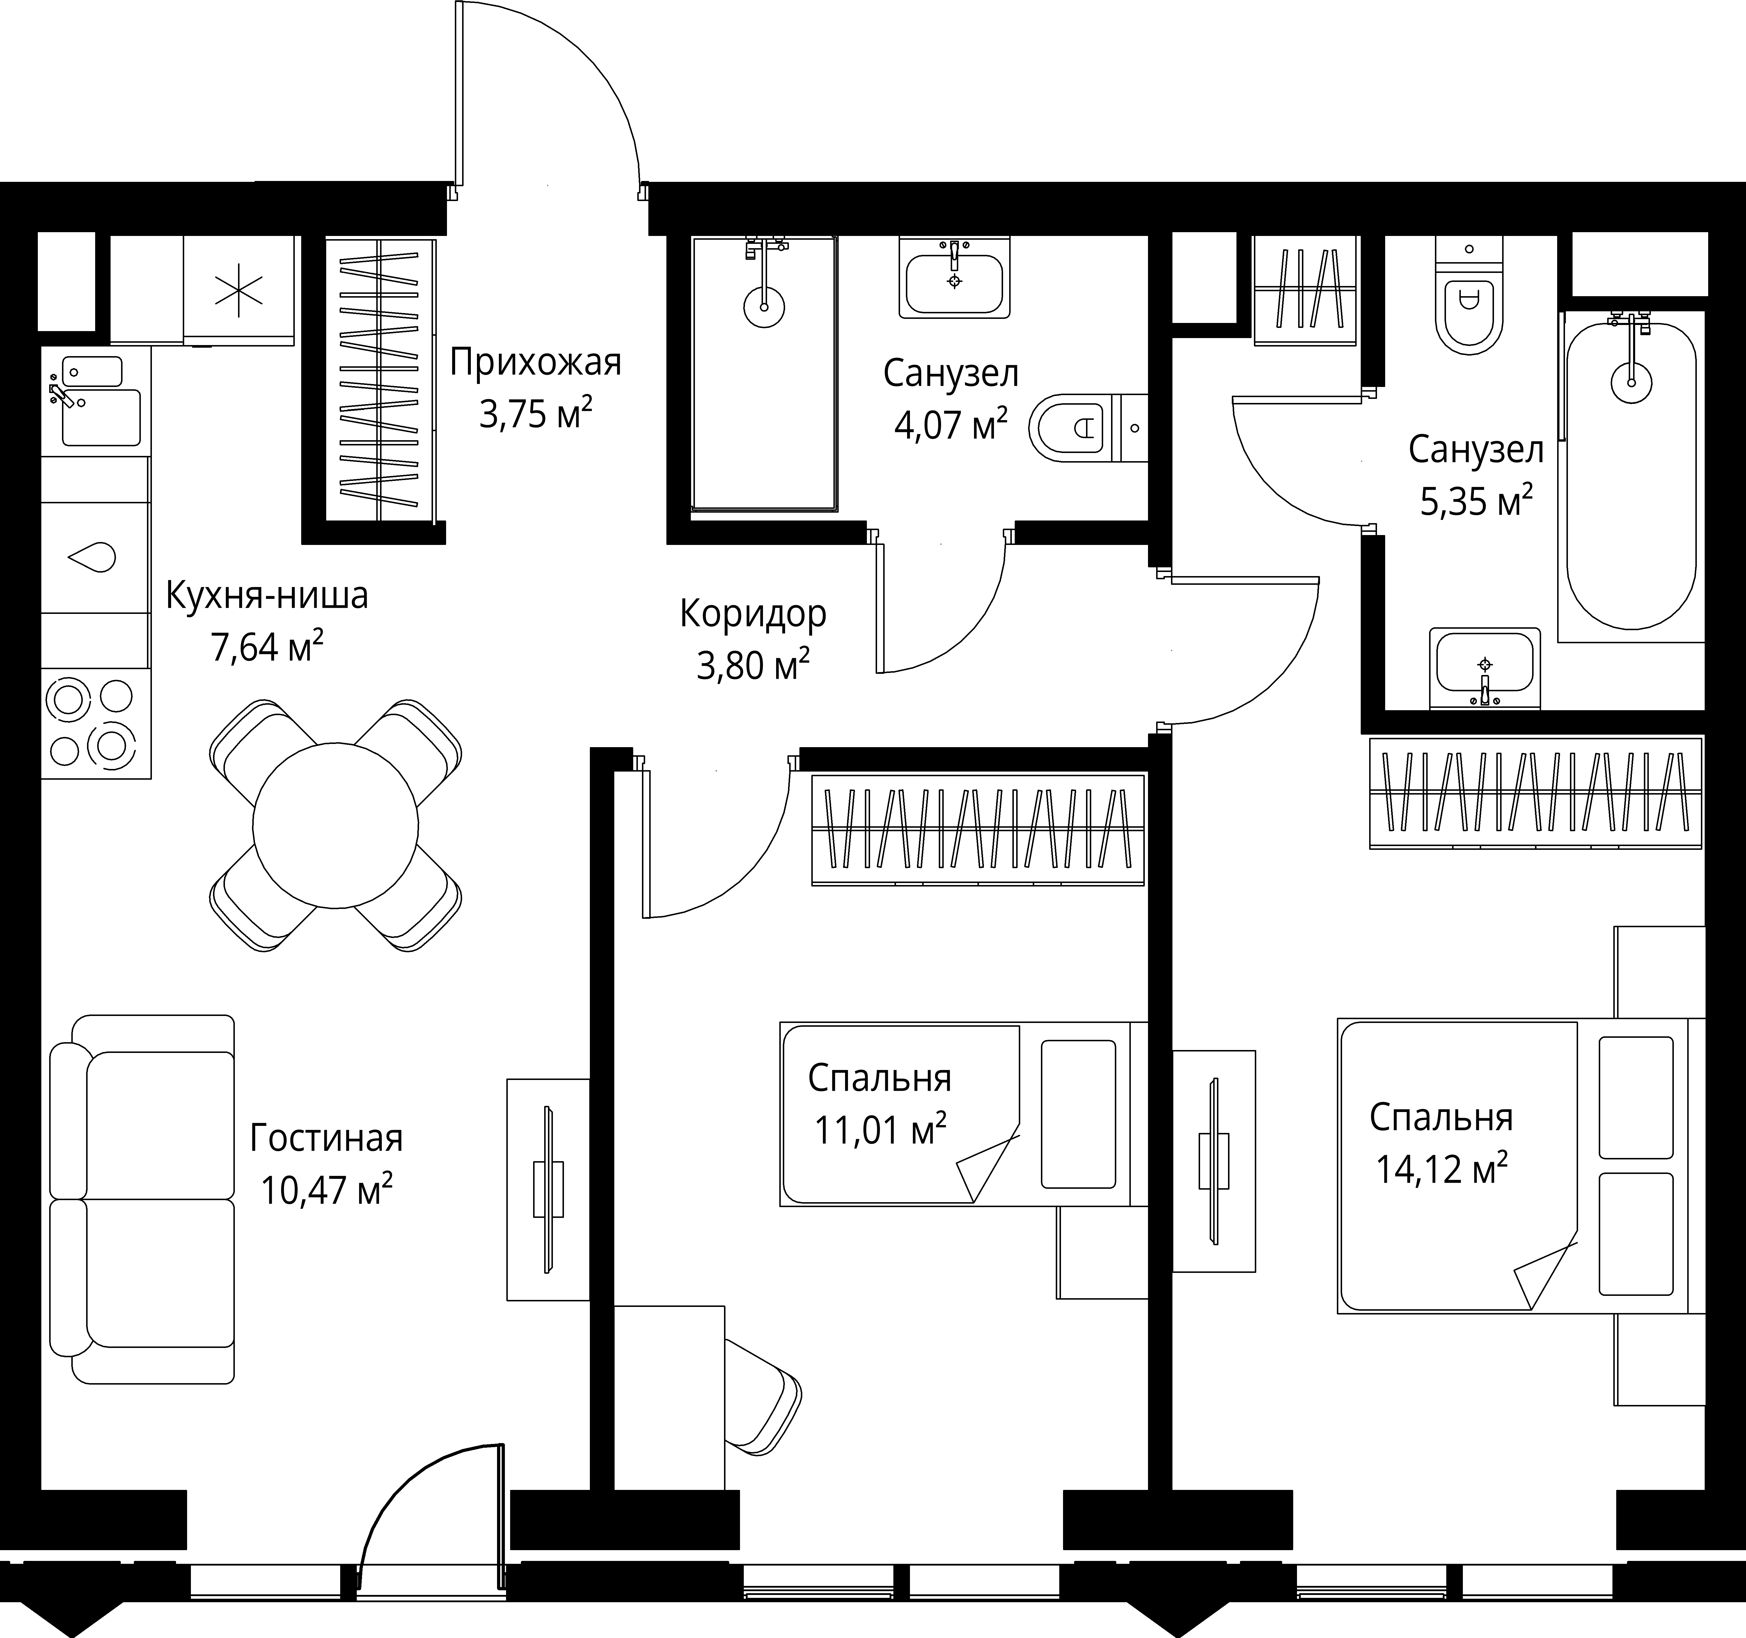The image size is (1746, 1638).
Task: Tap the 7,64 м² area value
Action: [x=266, y=647]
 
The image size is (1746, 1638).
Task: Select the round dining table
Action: [x=336, y=826]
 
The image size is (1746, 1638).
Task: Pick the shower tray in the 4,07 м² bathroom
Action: [x=764, y=373]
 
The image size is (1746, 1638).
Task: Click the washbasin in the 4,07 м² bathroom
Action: [x=955, y=278]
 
